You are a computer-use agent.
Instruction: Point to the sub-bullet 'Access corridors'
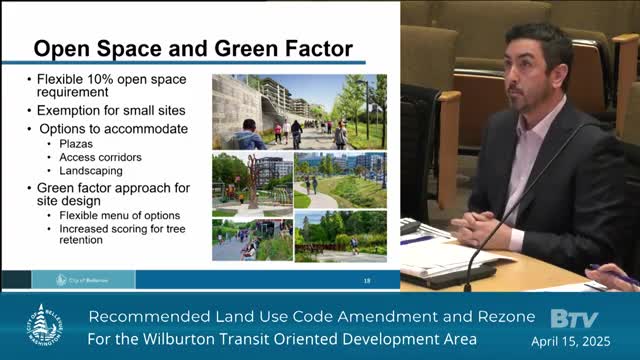pyautogui.click(x=99, y=157)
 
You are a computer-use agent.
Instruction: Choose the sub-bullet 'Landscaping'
pyautogui.click(x=91, y=170)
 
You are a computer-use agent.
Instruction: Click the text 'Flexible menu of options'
pyautogui.click(x=120, y=215)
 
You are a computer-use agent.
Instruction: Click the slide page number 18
pyautogui.click(x=366, y=279)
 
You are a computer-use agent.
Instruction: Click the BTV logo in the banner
pyautogui.click(x=573, y=319)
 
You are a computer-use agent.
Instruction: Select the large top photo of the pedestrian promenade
pyautogui.click(x=299, y=111)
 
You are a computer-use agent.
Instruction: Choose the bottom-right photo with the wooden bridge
pyautogui.click(x=340, y=235)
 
